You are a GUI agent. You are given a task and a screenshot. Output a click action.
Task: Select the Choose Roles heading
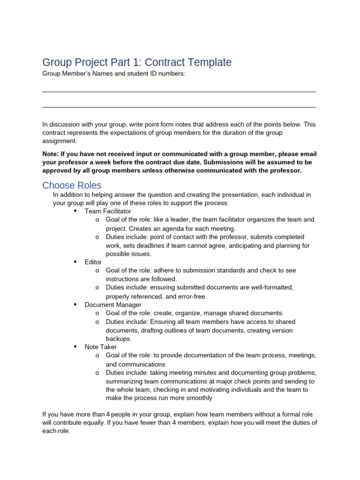tap(72, 185)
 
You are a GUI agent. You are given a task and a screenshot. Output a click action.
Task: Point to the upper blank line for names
tap(179, 91)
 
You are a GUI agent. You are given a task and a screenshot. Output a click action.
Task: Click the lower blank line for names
tap(179, 107)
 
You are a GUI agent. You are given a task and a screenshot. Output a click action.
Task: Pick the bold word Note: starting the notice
tap(52, 154)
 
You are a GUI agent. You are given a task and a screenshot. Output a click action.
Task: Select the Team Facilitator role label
tap(108, 211)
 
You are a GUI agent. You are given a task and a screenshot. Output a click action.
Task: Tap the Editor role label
tap(93, 262)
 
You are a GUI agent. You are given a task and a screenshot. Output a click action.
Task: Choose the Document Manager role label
tap(113, 305)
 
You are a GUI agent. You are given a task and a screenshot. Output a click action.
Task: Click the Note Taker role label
tap(101, 347)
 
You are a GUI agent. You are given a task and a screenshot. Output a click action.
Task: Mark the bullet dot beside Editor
tap(75, 262)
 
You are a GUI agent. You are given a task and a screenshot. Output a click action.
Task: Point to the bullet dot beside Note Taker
tap(75, 346)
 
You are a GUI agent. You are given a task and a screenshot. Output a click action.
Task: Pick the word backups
tap(119, 338)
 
